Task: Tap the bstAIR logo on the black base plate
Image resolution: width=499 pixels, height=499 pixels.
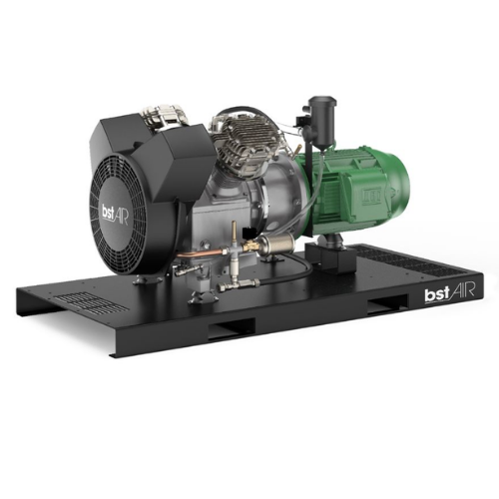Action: point(449,293)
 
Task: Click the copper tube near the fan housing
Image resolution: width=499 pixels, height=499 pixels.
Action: point(195,254)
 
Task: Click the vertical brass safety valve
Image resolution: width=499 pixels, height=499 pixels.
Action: point(236,233)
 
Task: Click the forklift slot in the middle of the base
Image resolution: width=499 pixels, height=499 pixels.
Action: point(232,327)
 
